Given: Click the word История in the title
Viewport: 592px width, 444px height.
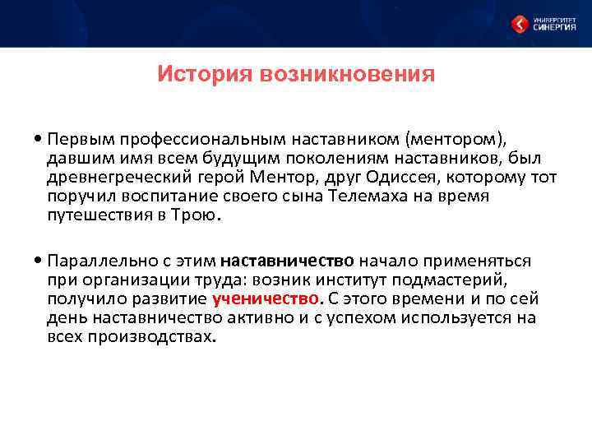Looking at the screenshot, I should click(x=205, y=76).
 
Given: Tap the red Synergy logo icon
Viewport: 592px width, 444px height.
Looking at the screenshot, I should click(x=520, y=24).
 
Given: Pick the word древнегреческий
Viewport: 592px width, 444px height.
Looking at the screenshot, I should click(x=114, y=178).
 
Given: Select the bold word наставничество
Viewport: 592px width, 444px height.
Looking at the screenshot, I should click(x=287, y=261).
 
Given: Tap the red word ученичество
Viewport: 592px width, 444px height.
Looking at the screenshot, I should click(x=264, y=298).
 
